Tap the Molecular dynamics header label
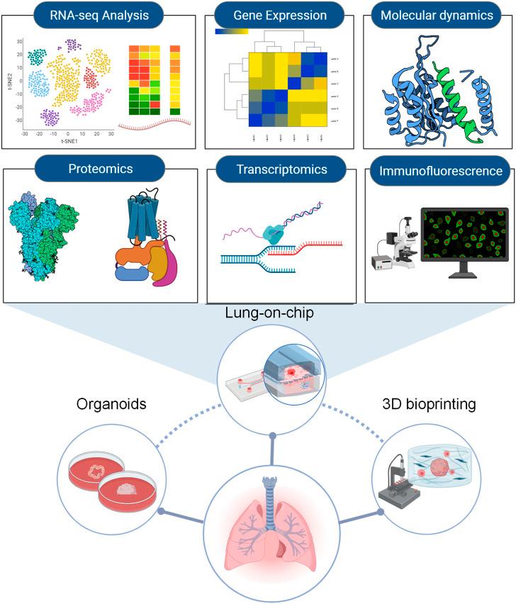click(x=436, y=15)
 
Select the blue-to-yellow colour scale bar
click(x=231, y=31)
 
